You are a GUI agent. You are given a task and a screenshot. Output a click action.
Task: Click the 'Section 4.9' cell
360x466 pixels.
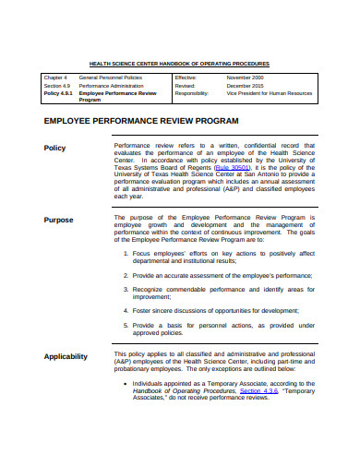pos(56,87)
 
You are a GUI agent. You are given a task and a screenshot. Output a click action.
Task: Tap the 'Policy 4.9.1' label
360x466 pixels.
pos(59,94)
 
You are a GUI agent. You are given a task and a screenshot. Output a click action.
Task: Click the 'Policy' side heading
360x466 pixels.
pos(55,148)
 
